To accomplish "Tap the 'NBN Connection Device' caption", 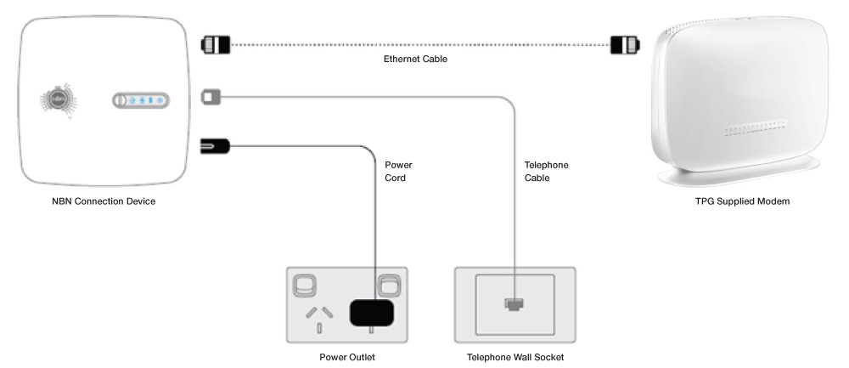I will [x=104, y=201].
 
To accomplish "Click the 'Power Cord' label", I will [x=399, y=172].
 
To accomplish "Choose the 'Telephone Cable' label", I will [x=547, y=172].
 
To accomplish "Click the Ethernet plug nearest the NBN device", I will [x=214, y=42].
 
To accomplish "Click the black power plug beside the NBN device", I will [x=214, y=148].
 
